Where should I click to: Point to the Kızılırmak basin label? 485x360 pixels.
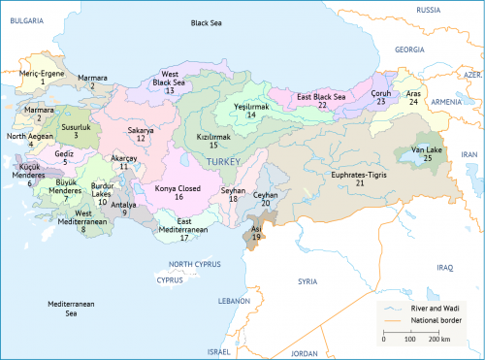point(213,138)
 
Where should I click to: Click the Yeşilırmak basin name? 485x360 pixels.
point(250,107)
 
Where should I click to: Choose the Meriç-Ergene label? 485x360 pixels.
point(43,74)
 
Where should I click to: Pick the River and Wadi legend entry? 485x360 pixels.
point(432,306)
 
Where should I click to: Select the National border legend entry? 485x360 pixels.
point(434,319)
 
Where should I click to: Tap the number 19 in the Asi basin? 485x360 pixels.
point(256,237)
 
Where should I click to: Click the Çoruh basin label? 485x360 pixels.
point(381,93)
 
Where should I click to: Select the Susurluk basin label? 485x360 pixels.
point(76,127)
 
